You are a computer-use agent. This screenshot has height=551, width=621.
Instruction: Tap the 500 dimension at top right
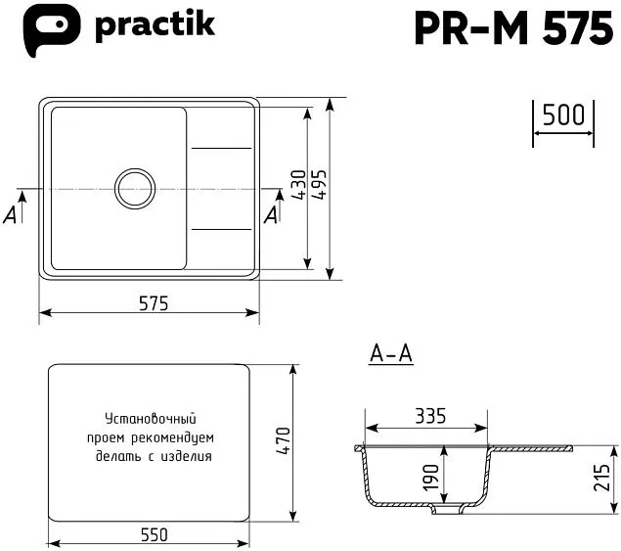(562, 116)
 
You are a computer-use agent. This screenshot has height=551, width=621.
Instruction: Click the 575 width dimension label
(153, 303)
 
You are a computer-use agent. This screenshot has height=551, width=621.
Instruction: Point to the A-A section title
(391, 354)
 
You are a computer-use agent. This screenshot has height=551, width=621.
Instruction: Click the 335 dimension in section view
(428, 416)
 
